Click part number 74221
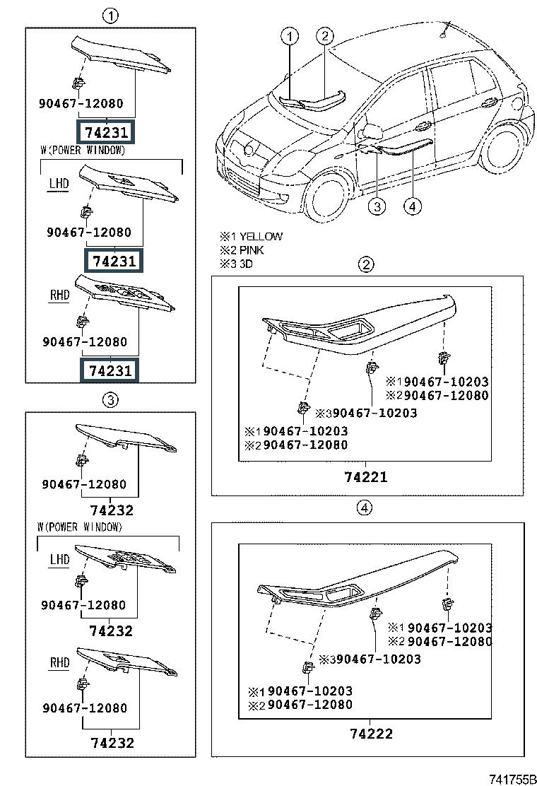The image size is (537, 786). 366,476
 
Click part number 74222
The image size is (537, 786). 371,734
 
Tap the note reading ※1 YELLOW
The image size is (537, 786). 251,237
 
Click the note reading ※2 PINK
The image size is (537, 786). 242,250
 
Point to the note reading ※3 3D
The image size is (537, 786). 236,264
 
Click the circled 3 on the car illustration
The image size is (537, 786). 377,206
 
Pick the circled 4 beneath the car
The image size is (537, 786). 412,206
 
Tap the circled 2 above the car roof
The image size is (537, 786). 324,35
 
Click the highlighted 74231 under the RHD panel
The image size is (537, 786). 110,371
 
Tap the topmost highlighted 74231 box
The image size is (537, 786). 106,132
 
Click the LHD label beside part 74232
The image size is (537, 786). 59,560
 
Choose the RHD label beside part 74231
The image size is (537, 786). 59,295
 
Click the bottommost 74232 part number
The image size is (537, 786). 112,743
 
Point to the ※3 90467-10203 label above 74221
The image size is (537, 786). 366,413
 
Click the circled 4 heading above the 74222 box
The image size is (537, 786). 364,508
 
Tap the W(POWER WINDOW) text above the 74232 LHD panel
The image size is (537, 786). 80,527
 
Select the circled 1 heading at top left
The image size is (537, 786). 110,16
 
